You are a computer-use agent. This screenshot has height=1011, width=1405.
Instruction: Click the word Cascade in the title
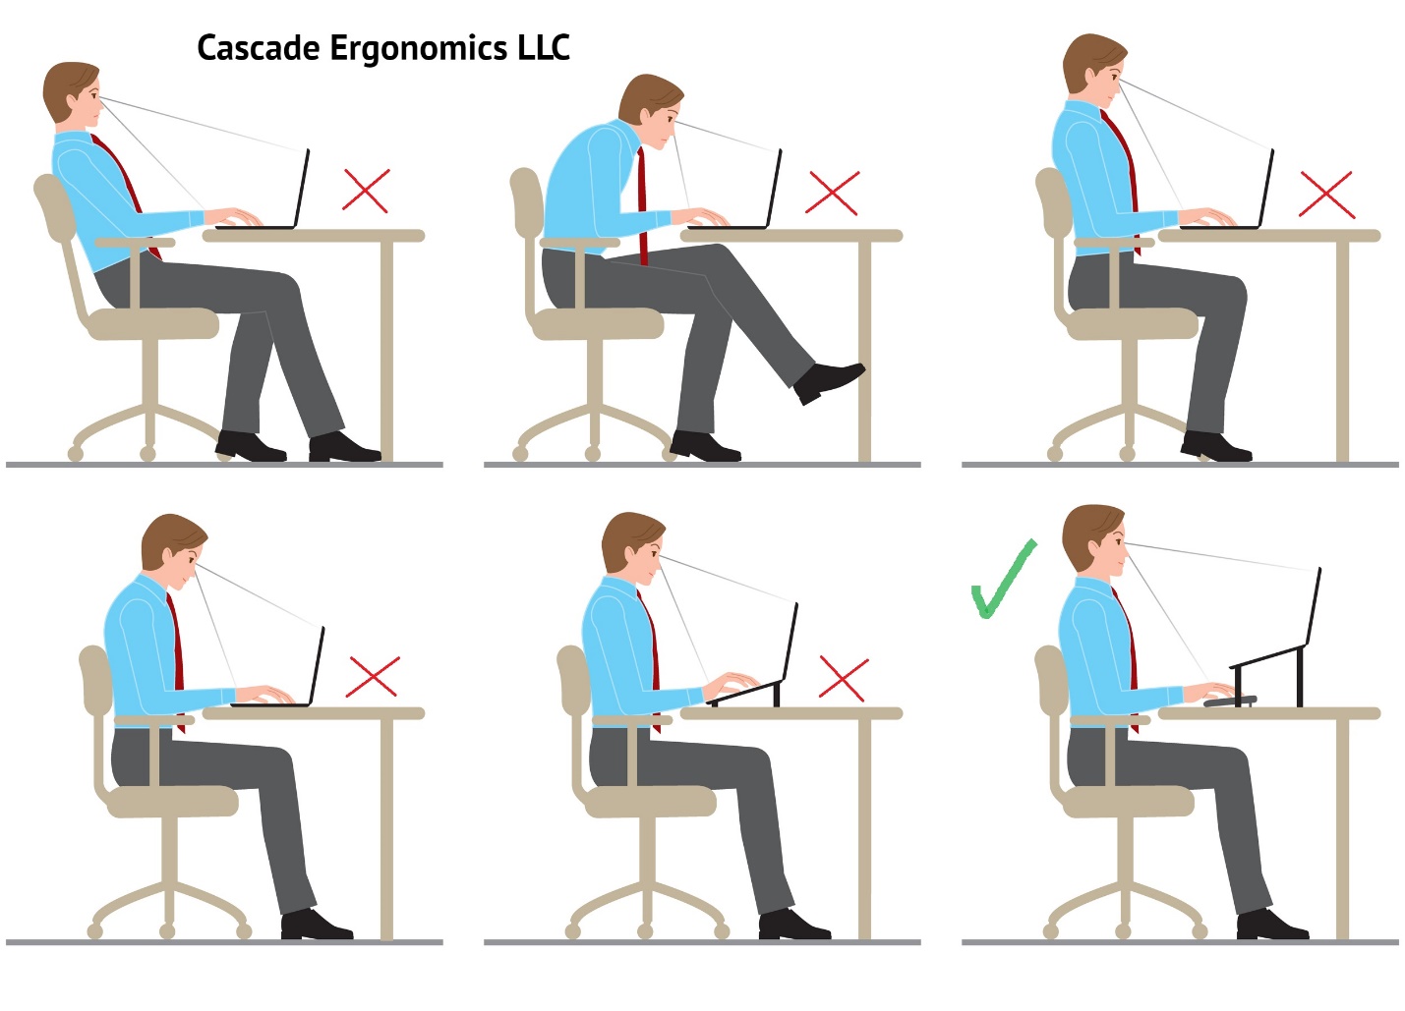point(258,48)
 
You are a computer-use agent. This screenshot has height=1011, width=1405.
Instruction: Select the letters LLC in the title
point(544,47)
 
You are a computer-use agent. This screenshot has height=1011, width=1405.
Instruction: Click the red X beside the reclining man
point(366,191)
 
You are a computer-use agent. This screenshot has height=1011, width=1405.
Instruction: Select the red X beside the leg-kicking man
point(832,193)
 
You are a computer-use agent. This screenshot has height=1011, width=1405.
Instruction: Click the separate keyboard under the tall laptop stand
point(1229,701)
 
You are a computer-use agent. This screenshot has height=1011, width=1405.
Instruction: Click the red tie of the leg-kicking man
point(643,206)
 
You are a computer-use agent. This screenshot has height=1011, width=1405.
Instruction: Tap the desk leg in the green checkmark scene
point(1343,825)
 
